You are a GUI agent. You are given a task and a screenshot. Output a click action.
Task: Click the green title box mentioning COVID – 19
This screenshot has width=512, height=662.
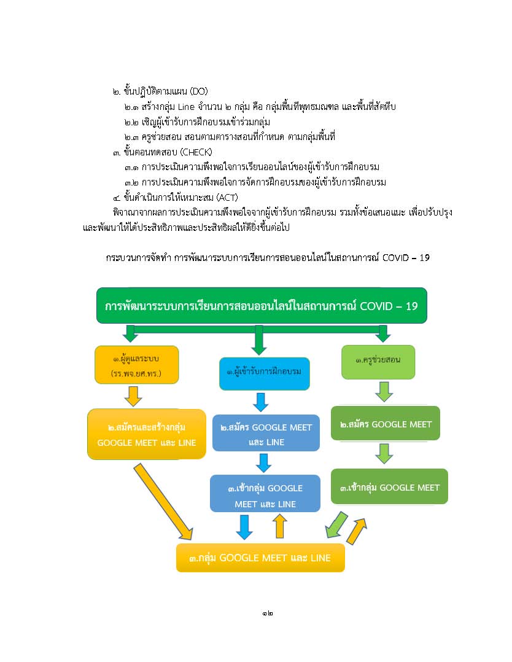pyautogui.click(x=262, y=306)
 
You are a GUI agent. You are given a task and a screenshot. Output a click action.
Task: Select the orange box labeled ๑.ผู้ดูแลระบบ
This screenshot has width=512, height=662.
pyautogui.click(x=137, y=365)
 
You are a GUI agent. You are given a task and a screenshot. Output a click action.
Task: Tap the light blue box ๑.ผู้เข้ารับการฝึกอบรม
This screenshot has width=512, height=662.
pyautogui.click(x=264, y=373)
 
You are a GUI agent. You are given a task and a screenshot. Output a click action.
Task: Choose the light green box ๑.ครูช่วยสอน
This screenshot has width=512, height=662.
pyautogui.click(x=378, y=362)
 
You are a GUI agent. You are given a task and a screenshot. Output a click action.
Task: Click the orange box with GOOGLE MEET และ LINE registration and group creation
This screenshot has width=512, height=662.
pyautogui.click(x=147, y=434)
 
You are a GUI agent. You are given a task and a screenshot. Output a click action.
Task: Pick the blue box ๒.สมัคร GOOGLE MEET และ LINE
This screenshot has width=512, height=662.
pyautogui.click(x=266, y=433)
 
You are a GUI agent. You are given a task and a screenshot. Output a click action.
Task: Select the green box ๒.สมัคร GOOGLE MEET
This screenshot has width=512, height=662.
pyautogui.click(x=386, y=424)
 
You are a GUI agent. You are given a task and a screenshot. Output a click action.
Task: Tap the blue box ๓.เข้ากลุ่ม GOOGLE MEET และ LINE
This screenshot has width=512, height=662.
pyautogui.click(x=265, y=494)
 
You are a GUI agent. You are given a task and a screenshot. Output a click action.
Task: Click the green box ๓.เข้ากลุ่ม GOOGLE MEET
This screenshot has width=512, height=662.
pyautogui.click(x=389, y=486)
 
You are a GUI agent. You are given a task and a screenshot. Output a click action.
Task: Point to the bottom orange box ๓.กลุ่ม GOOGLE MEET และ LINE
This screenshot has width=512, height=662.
pyautogui.click(x=260, y=558)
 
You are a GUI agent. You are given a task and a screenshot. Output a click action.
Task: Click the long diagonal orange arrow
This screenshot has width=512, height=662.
pyautogui.click(x=164, y=502)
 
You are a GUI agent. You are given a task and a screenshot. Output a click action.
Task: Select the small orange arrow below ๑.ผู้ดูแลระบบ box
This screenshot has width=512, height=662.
pyautogui.click(x=133, y=396)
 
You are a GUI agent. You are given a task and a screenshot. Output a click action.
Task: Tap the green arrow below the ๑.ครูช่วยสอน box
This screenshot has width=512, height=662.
pyautogui.click(x=384, y=392)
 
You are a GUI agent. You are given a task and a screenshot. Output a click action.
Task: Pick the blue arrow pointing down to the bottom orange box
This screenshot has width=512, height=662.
pyautogui.click(x=244, y=527)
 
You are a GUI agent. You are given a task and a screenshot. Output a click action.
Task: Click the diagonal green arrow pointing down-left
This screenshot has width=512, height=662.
pyautogui.click(x=336, y=525)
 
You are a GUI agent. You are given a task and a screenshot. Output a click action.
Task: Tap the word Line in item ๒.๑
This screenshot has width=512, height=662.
pyautogui.click(x=186, y=107)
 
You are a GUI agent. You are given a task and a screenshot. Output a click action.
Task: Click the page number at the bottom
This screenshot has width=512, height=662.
pyautogui.click(x=267, y=613)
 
